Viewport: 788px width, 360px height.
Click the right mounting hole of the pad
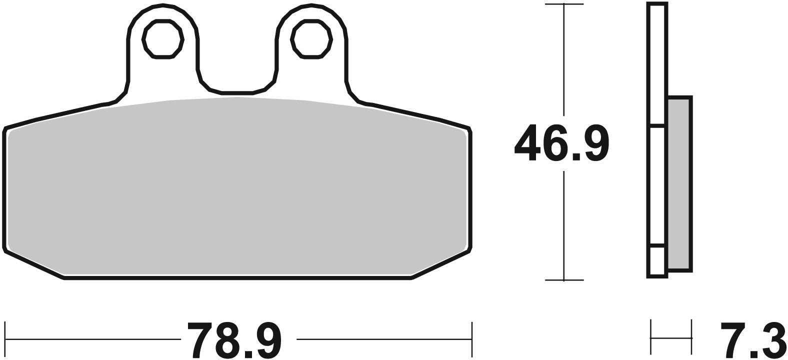[311, 39]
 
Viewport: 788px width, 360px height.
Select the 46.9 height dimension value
[561, 143]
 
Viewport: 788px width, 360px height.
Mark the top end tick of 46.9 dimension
[564, 4]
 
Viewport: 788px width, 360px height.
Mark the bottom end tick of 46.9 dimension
[564, 280]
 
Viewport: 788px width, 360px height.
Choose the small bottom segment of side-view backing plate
[657, 260]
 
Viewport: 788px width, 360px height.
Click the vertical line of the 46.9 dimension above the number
[564, 60]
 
